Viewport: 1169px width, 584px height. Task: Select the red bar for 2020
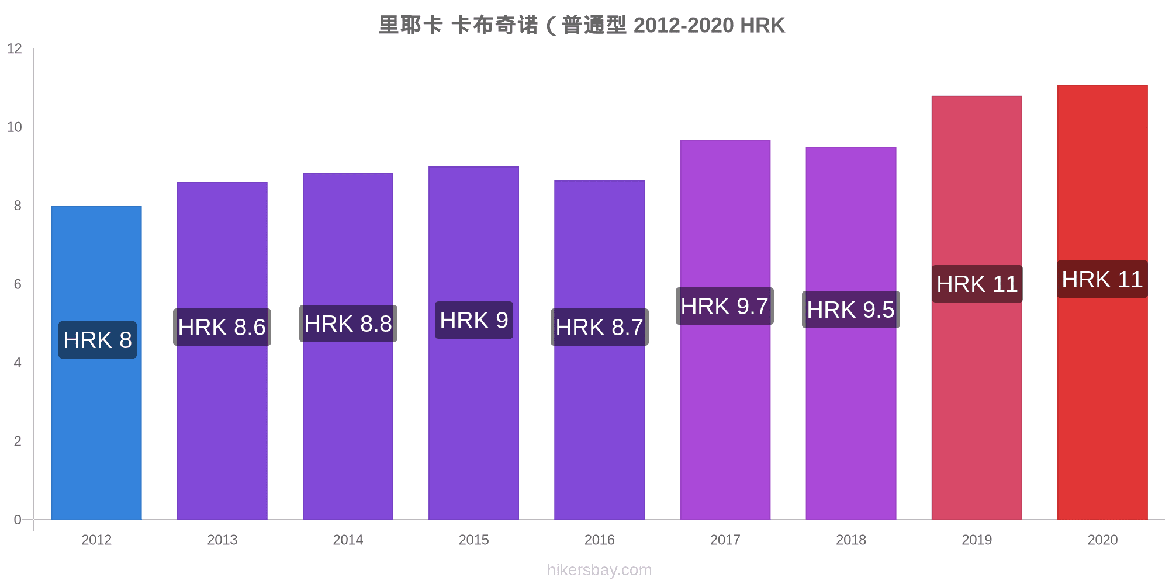click(x=1102, y=409)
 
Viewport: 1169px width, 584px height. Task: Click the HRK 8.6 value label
click(x=222, y=327)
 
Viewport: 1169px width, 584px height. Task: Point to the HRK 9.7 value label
click(x=725, y=306)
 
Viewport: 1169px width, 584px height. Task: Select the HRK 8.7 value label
click(x=600, y=327)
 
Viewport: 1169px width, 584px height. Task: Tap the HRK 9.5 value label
click(x=850, y=310)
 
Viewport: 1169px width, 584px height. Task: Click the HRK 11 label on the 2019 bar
click(x=977, y=284)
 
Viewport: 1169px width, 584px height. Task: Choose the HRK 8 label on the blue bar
click(x=98, y=340)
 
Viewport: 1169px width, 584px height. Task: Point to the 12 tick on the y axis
click(x=15, y=48)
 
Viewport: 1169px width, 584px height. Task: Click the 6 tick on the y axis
click(x=18, y=284)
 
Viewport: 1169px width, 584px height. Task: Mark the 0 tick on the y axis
click(x=18, y=520)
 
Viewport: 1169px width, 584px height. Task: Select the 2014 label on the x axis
click(x=348, y=540)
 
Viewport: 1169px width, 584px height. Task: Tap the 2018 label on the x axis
click(x=851, y=540)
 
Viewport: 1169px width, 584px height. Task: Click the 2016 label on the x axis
click(x=600, y=540)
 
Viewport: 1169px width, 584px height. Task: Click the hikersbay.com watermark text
click(x=599, y=569)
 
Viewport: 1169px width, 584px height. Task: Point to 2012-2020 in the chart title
click(x=683, y=25)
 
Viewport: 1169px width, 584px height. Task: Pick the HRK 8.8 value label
click(x=348, y=324)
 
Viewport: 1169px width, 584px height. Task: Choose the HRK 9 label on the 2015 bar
click(x=474, y=320)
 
